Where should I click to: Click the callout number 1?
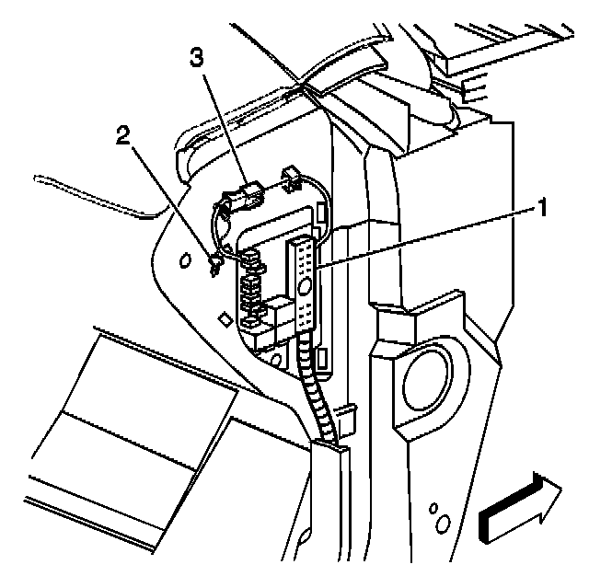tap(543, 208)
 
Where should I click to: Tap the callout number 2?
tap(122, 136)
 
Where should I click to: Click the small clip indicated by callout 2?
tap(215, 265)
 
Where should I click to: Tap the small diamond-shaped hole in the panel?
tap(224, 319)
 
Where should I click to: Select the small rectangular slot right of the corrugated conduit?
tap(321, 358)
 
